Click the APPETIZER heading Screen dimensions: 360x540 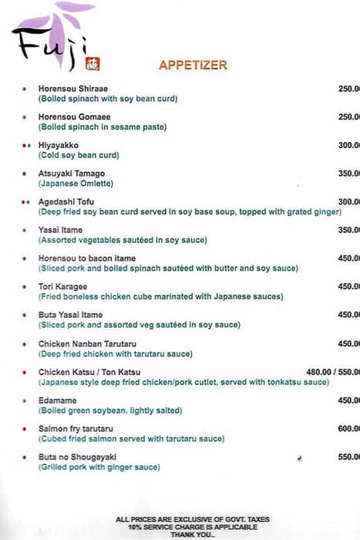click(x=193, y=66)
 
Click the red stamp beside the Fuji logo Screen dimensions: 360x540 click(x=94, y=64)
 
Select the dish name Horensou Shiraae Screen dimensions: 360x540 click(x=72, y=89)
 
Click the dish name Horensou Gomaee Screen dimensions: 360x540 click(x=72, y=117)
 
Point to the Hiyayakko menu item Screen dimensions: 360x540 click(x=59, y=145)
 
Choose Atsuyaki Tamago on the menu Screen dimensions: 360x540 click(x=72, y=174)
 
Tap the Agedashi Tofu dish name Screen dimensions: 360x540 click(x=66, y=202)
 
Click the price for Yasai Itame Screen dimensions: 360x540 click(x=348, y=230)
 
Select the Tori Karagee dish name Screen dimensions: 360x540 click(x=64, y=287)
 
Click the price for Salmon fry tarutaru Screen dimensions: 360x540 click(x=348, y=429)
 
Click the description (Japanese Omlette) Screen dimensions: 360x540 click(x=76, y=184)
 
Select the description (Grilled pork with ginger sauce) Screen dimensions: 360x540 click(x=99, y=467)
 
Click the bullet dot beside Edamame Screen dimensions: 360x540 click(x=25, y=400)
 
